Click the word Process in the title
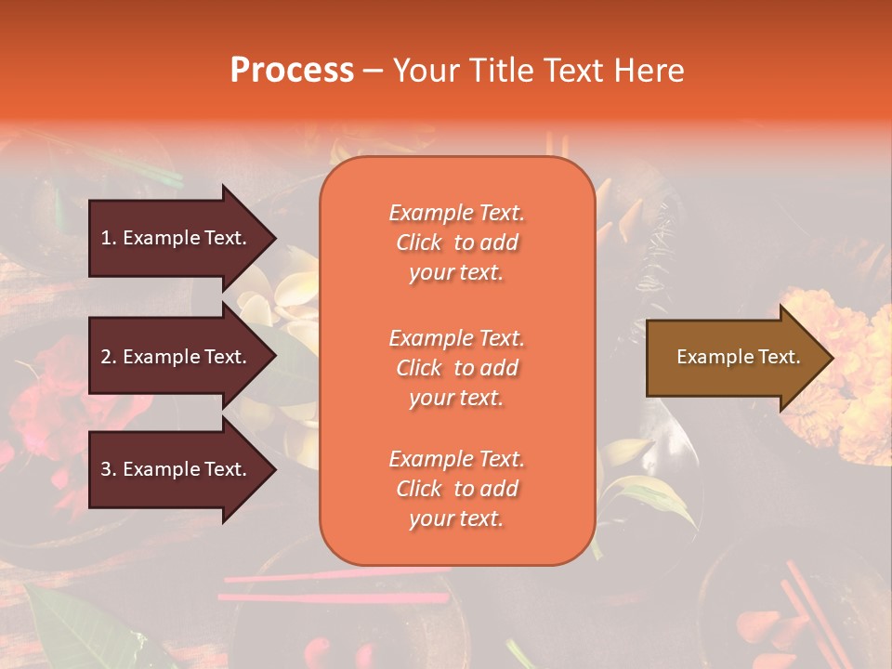point(292,71)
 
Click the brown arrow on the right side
point(734,358)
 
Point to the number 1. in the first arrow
point(109,238)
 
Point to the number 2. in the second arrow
point(109,357)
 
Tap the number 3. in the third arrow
point(109,469)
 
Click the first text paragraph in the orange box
point(456,243)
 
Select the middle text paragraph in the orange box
point(456,368)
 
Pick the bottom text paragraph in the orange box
point(456,489)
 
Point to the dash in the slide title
point(373,72)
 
